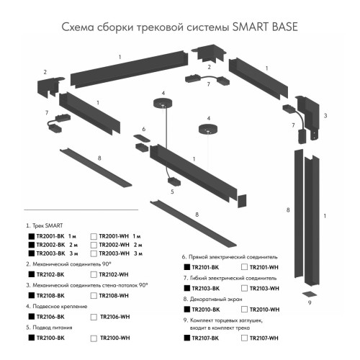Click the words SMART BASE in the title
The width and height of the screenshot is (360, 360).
point(266,27)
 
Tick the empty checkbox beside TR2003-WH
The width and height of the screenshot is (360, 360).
point(94,254)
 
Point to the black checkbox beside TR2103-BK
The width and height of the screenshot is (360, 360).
point(186,287)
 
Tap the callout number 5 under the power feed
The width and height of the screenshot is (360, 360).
point(172,192)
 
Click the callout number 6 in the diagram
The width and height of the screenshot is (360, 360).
point(143,130)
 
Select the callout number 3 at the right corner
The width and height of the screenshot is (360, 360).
point(325,115)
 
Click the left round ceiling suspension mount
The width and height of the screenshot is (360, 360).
point(163,103)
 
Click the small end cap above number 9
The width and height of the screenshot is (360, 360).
point(307,292)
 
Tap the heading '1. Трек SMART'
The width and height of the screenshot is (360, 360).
point(46,226)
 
